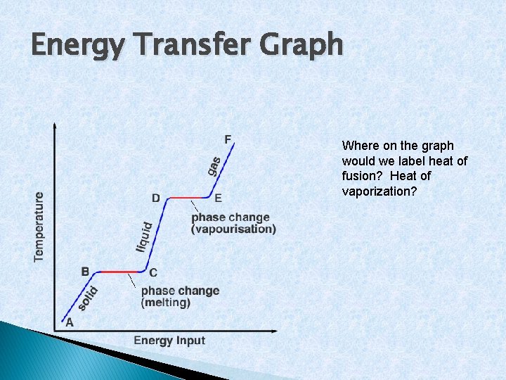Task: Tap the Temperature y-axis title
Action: tap(39, 227)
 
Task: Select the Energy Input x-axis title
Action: tap(169, 341)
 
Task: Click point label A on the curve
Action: tap(69, 323)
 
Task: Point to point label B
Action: tap(85, 271)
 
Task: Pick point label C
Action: tap(153, 273)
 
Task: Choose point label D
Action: tap(156, 198)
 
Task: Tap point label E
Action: tap(218, 198)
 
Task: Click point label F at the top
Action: tap(228, 139)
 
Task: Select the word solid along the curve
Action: tap(87, 298)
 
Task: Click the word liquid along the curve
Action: tap(144, 237)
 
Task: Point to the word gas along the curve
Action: tap(214, 166)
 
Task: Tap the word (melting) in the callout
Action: tap(166, 303)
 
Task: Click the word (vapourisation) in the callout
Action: tap(233, 229)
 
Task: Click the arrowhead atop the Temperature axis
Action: tap(55, 125)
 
